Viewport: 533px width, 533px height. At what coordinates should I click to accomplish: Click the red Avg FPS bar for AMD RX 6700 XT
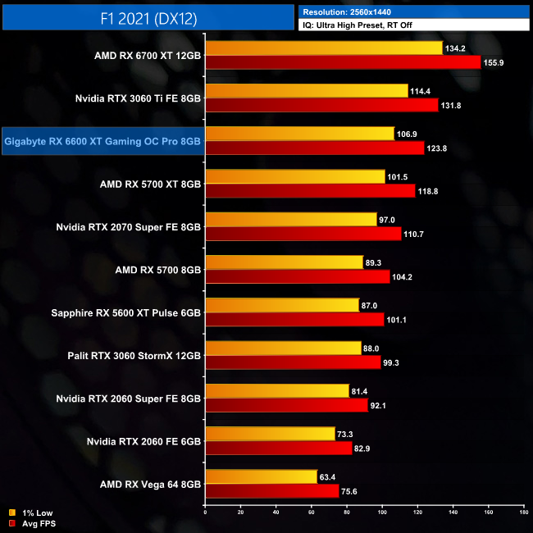[x=343, y=62]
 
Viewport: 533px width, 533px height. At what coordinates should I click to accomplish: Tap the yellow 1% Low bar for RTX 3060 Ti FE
[x=307, y=90]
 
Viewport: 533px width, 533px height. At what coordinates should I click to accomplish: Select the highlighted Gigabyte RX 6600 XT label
[x=102, y=141]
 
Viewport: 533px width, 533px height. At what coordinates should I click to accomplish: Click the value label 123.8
[x=437, y=148]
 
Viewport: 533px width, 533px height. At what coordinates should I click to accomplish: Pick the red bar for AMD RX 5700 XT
[x=311, y=190]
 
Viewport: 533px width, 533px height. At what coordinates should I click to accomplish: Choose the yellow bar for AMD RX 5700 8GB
[x=285, y=262]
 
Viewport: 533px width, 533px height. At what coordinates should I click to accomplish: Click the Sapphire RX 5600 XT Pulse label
[x=126, y=312]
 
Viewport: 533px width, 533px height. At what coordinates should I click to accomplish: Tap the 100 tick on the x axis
[x=382, y=513]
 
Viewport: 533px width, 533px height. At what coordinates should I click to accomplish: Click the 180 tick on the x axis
[x=523, y=513]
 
